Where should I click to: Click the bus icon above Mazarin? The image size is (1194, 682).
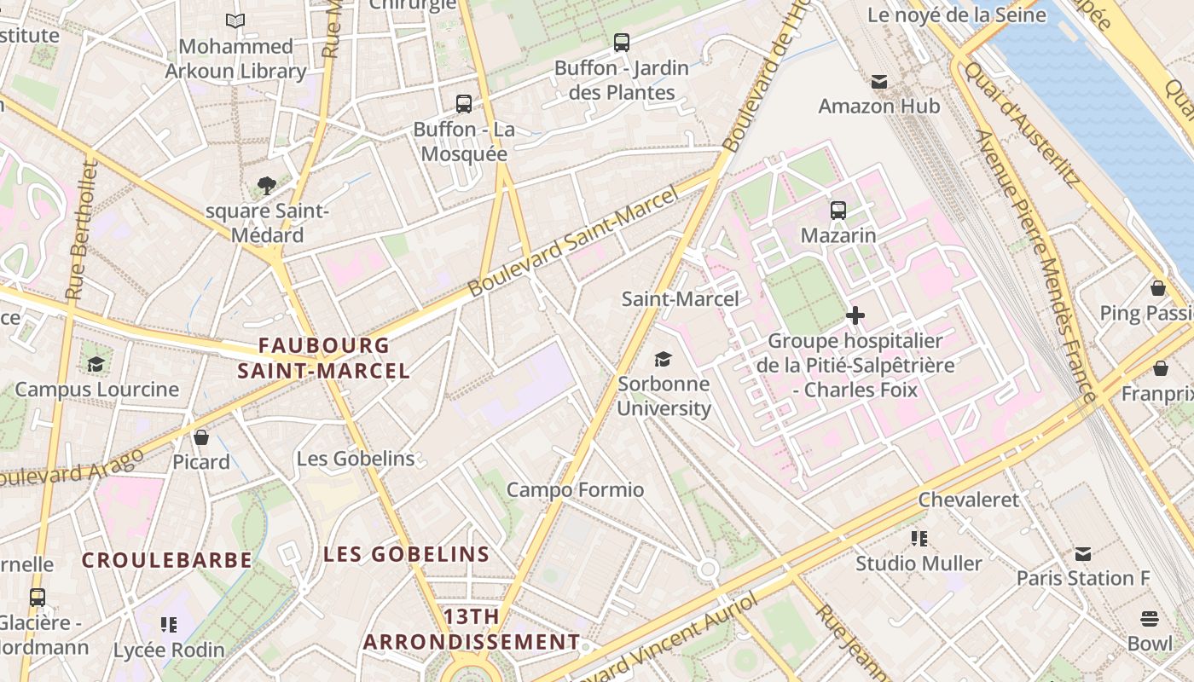pos(838,210)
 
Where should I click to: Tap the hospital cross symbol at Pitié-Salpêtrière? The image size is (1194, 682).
pos(855,316)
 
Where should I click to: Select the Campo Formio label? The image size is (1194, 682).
pos(575,490)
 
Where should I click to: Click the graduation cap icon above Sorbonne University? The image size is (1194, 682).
pos(663,359)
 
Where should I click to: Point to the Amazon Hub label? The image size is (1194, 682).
pos(878,107)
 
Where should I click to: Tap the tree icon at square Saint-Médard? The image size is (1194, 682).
pos(266,185)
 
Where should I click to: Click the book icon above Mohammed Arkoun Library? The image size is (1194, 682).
pos(235,20)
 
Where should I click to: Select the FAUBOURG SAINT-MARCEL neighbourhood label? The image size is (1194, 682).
pos(323,358)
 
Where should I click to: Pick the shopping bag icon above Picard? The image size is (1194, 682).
pos(201,437)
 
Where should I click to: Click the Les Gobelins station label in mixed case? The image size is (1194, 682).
pos(355,459)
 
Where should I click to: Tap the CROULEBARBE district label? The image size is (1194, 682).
pos(167,560)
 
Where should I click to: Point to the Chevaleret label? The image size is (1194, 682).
pos(968,500)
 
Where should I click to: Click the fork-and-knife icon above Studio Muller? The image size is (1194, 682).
pos(919,538)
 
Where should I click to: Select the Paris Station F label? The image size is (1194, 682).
pos(1082,578)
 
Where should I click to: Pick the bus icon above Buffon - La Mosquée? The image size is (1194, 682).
pos(463,104)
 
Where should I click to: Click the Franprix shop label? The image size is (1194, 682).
pos(1156,394)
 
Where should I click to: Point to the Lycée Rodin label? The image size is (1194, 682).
pos(169,650)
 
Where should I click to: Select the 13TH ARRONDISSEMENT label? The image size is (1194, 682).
pos(472,629)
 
